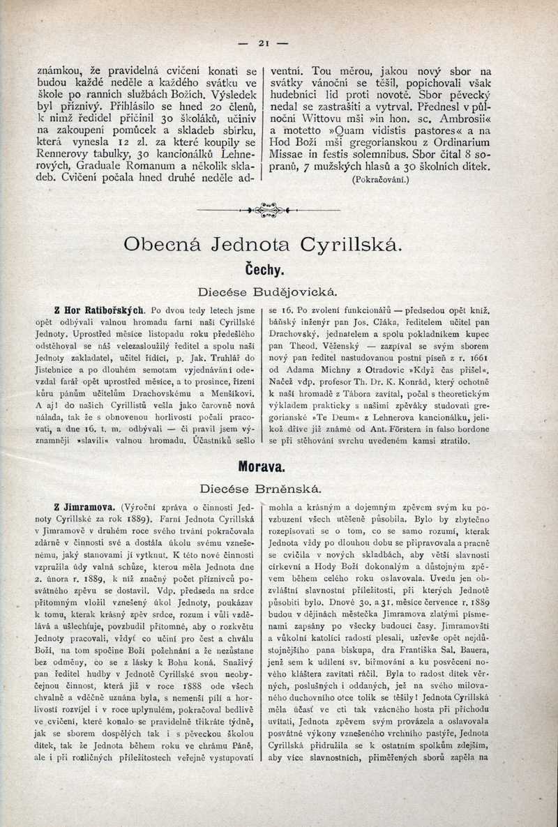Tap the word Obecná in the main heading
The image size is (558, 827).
point(163,245)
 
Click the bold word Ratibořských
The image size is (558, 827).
point(108,308)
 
